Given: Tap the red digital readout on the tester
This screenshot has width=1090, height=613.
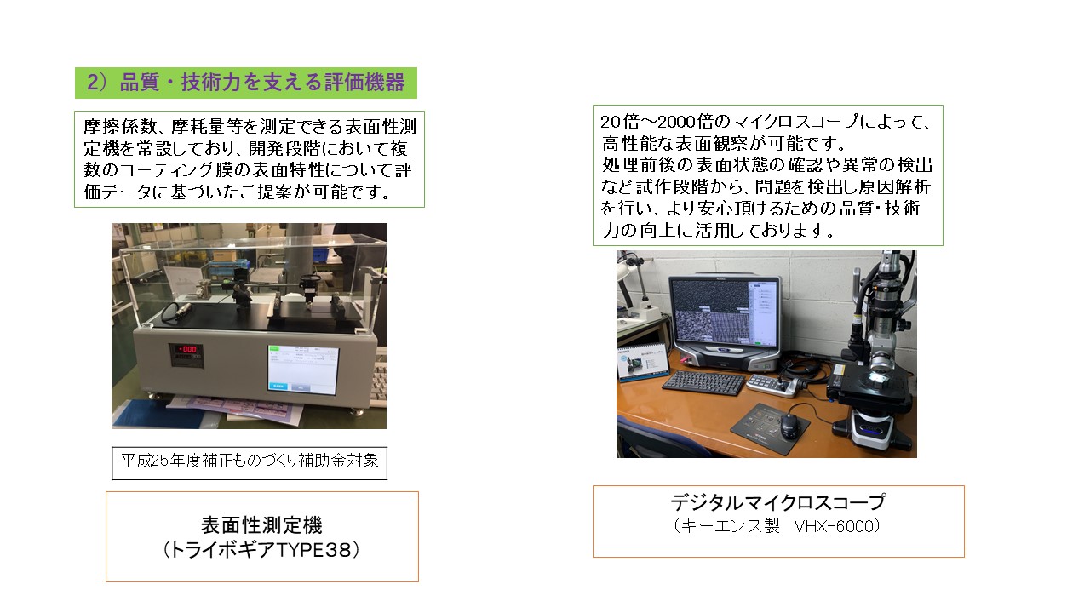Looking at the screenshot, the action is coord(186,349).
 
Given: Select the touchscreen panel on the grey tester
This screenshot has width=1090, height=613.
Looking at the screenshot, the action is coord(302,370).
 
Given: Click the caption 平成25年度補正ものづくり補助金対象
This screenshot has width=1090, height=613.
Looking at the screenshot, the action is coord(250,461).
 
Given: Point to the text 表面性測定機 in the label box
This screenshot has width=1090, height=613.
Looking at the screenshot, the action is coord(261,525).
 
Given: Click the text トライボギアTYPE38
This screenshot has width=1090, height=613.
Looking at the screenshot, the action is coord(261,550).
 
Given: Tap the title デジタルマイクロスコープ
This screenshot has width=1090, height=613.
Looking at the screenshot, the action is coord(778,502).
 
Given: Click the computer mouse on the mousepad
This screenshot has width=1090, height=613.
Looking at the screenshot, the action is coord(789,425).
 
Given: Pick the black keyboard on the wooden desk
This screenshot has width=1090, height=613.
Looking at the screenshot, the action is coord(703,382).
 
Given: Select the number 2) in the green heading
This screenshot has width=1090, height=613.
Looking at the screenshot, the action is coord(96,83).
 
